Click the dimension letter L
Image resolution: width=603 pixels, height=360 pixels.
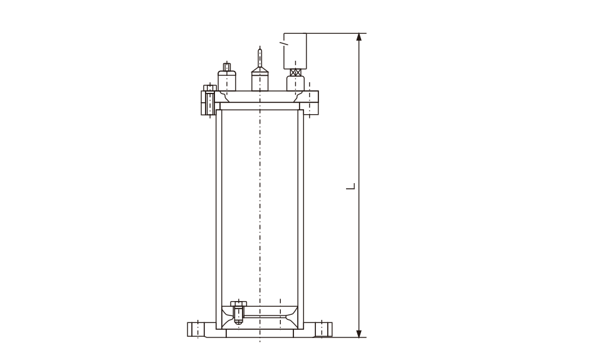[x=351, y=186]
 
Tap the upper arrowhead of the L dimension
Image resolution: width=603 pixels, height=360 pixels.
[x=359, y=37]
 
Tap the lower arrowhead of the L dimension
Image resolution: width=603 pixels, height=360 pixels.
[x=359, y=334]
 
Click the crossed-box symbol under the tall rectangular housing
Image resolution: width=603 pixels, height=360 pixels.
[x=295, y=72]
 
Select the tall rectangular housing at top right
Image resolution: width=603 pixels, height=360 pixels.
[x=295, y=51]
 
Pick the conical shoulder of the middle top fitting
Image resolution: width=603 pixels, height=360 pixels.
[x=260, y=70]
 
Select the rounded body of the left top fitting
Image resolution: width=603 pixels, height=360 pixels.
[x=227, y=81]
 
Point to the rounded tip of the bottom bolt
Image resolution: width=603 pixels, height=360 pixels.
[x=239, y=322]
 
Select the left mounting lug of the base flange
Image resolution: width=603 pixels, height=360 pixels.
[x=197, y=330]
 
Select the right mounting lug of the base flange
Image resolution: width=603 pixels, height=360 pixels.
[x=323, y=330]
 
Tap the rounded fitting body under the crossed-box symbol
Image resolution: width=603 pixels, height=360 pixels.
[x=295, y=83]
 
